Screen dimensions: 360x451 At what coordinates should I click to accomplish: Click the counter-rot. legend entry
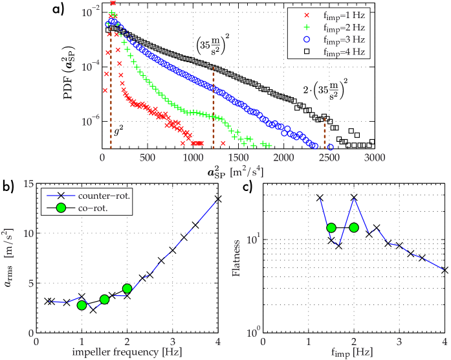click(x=104, y=194)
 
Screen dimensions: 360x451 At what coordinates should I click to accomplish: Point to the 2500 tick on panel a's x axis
click(x=329, y=159)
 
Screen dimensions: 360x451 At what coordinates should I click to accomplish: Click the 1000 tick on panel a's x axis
click(x=193, y=159)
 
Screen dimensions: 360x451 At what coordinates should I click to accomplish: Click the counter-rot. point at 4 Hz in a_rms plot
click(x=219, y=199)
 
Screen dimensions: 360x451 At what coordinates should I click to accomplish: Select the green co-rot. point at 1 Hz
click(x=82, y=305)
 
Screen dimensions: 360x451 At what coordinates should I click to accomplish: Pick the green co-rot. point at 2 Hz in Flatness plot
click(x=354, y=227)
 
